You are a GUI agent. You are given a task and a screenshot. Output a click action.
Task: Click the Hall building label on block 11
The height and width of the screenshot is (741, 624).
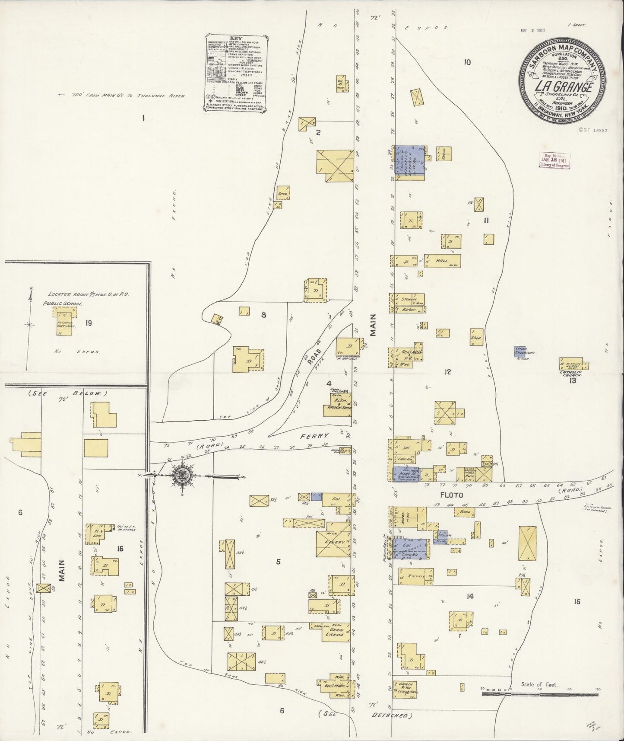(442, 261)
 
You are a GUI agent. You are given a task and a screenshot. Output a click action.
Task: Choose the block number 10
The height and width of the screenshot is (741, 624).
(467, 62)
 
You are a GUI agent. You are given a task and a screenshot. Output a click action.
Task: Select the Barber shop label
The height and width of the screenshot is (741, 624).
(408, 310)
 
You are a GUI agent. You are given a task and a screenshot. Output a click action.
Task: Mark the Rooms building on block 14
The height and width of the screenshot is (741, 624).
(416, 576)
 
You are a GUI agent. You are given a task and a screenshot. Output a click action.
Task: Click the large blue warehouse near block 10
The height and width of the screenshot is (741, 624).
(409, 160)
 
